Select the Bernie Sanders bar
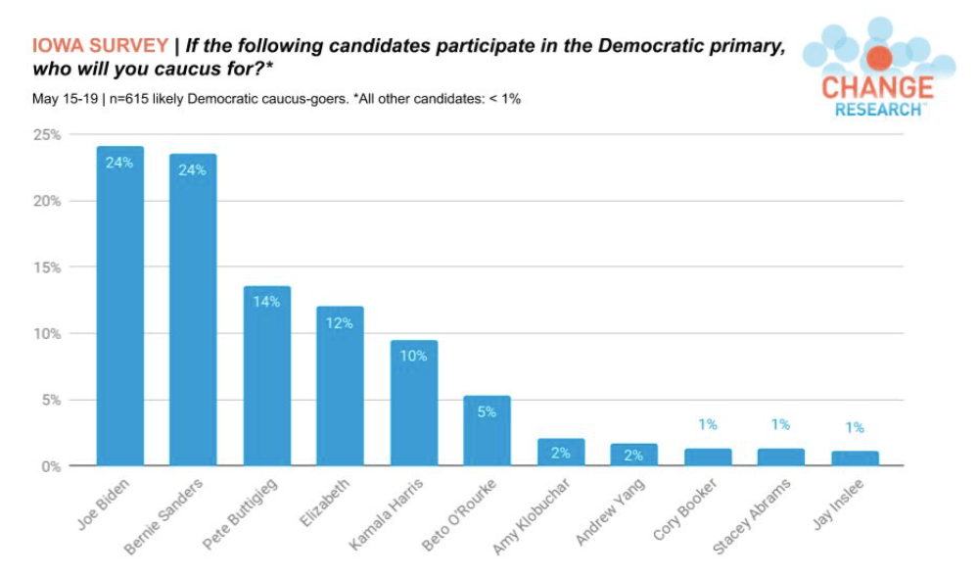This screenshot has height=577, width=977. click(193, 310)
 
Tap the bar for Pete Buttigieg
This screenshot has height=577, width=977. click(266, 376)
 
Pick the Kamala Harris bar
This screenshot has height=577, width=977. click(413, 403)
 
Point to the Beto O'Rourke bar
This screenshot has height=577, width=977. click(487, 431)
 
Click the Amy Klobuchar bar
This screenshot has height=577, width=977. click(560, 453)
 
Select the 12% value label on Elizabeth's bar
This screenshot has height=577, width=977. click(340, 322)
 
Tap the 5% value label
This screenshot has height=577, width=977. click(487, 411)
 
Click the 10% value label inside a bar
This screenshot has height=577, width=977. click(413, 356)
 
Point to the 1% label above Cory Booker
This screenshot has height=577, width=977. click(708, 424)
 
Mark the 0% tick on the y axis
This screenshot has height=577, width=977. click(51, 466)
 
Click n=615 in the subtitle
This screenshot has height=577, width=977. click(135, 100)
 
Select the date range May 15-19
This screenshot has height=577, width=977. click(65, 100)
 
